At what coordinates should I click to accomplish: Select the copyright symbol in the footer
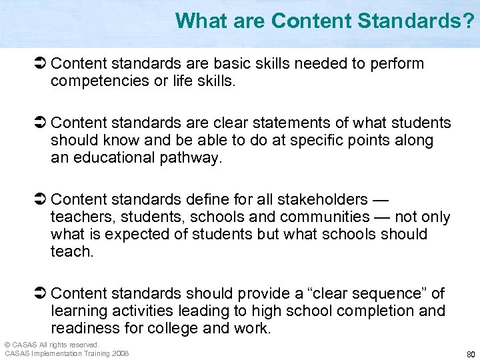[x=7, y=345]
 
